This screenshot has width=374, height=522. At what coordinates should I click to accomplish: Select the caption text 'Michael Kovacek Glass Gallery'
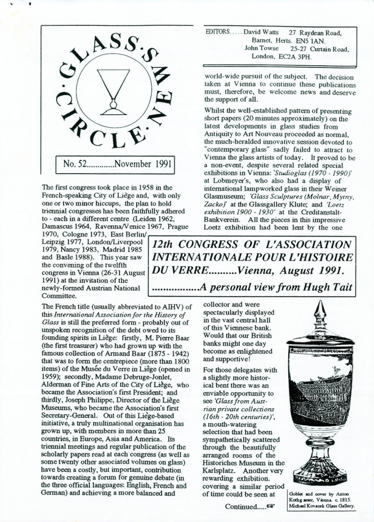321,506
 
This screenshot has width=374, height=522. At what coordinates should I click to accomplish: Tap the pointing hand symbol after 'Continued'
271,507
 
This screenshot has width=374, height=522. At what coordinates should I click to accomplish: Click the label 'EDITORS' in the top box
217,32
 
